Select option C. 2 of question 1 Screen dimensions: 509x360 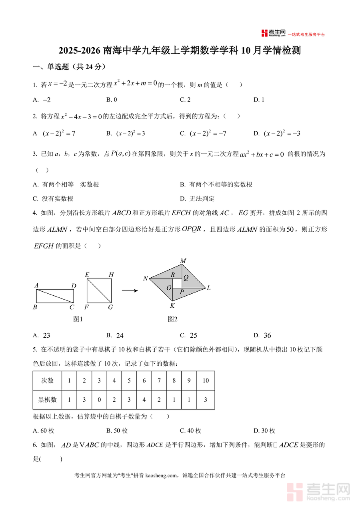click(185, 100)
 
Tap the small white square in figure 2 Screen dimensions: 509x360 click(177, 283)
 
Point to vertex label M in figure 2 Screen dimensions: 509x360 click(183, 261)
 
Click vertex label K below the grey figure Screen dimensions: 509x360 click(172, 306)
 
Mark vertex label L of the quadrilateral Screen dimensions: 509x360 click(208, 288)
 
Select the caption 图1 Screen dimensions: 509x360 click(78, 319)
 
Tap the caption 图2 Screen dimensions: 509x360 click(172, 319)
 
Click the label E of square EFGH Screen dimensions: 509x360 click(87, 275)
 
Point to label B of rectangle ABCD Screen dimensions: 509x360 click(35, 307)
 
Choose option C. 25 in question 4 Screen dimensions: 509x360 click(188, 335)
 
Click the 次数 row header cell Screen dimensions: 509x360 click(47, 381)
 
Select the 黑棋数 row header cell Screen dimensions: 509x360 click(47, 399)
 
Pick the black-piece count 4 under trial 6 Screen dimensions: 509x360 click(144, 399)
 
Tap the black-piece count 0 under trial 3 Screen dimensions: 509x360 click(99, 399)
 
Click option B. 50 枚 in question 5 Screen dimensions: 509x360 click(117, 431)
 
